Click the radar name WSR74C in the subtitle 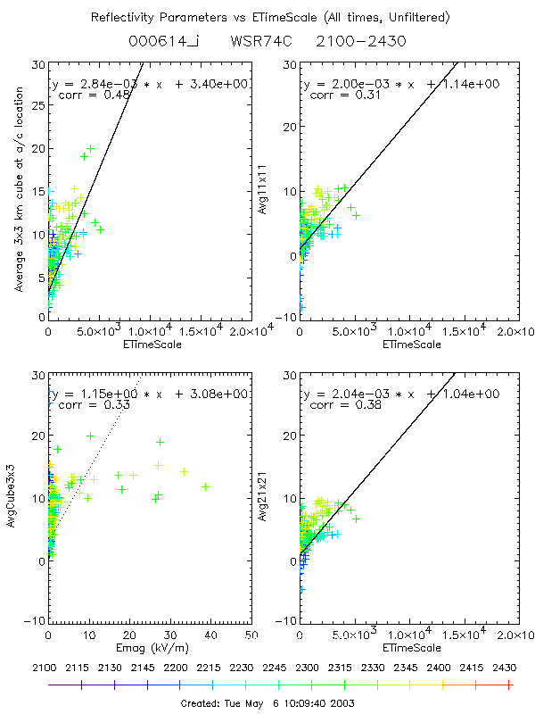(x=260, y=41)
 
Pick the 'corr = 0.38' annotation (x=337, y=404)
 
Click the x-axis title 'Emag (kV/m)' (x=150, y=646)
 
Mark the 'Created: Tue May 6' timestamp (x=267, y=702)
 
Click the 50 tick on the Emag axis (x=252, y=635)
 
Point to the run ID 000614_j (x=157, y=41)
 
